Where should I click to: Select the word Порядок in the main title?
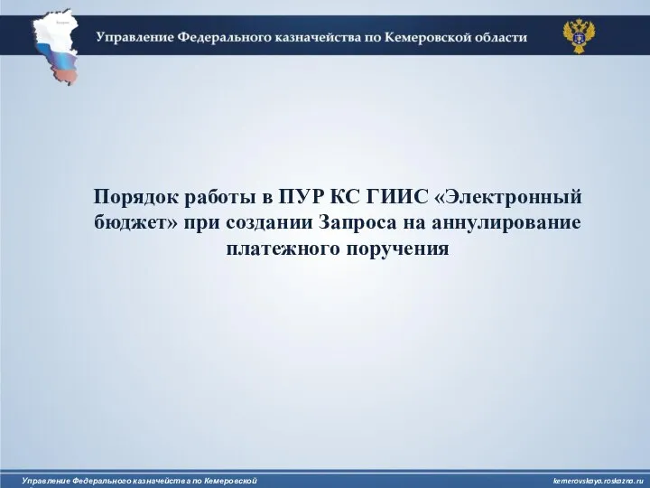coord(135,198)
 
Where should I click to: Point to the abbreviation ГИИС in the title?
coord(396,197)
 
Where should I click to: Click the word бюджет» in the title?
coord(135,223)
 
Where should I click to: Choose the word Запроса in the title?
coord(360,222)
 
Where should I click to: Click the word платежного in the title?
coord(283,249)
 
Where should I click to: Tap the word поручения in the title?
coord(397,249)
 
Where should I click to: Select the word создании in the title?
coord(269,223)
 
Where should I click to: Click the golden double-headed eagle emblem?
coord(579,36)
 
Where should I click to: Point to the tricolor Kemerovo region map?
coord(56,46)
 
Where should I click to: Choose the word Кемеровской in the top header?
coord(426,37)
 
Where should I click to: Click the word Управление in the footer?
coord(46,481)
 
